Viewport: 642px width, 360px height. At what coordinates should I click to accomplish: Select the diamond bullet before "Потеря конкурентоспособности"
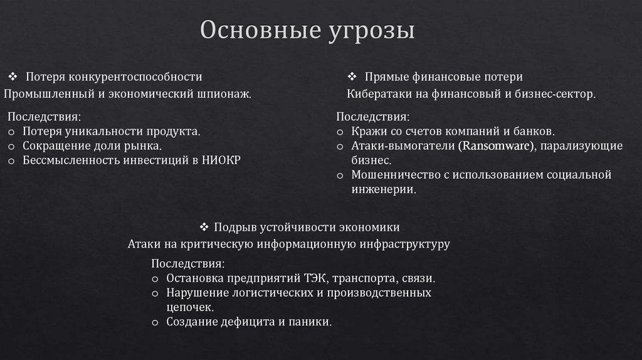(13, 77)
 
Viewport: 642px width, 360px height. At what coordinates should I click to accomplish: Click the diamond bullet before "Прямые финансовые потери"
(352, 77)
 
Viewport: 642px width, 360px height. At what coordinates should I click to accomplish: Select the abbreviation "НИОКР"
(222, 160)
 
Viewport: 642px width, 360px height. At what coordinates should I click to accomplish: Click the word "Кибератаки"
(376, 94)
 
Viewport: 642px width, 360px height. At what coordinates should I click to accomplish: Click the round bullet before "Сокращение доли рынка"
(12, 146)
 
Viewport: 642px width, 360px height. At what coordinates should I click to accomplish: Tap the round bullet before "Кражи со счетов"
(340, 132)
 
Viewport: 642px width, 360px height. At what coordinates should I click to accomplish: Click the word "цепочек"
(189, 307)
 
